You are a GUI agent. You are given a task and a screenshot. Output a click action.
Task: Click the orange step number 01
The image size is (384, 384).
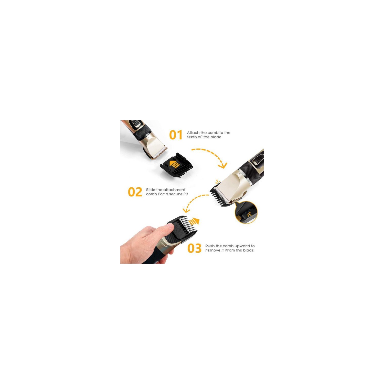click(x=176, y=135)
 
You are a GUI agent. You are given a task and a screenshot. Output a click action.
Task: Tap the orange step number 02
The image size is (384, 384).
click(x=135, y=192)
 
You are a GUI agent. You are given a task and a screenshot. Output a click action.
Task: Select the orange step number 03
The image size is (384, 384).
click(x=195, y=248)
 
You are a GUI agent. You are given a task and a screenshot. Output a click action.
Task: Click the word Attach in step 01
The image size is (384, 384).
click(x=193, y=133)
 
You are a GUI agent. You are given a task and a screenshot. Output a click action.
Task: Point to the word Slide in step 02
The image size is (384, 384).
click(x=151, y=190)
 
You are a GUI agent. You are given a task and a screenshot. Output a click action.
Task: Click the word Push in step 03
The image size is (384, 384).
click(x=210, y=246)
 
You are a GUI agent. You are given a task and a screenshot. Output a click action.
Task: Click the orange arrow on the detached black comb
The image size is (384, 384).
click(x=175, y=164)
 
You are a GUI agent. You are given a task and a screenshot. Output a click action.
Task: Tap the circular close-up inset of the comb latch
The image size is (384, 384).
click(x=246, y=212)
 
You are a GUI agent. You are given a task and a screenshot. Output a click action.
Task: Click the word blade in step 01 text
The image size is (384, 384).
click(x=216, y=137)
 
